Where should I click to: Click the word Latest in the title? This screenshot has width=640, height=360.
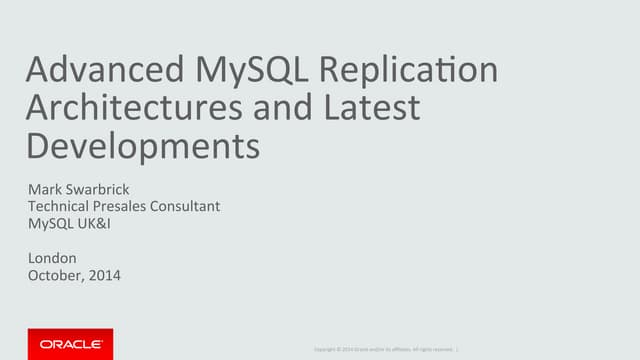pyautogui.click(x=369, y=107)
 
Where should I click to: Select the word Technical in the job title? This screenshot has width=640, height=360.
pyautogui.click(x=62, y=206)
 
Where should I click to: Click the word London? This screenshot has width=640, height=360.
pyautogui.click(x=52, y=258)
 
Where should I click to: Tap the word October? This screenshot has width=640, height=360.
pyautogui.click(x=58, y=275)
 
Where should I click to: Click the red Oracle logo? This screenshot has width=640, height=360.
pyautogui.click(x=70, y=343)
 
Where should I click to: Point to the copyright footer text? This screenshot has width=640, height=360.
pyautogui.click(x=385, y=348)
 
